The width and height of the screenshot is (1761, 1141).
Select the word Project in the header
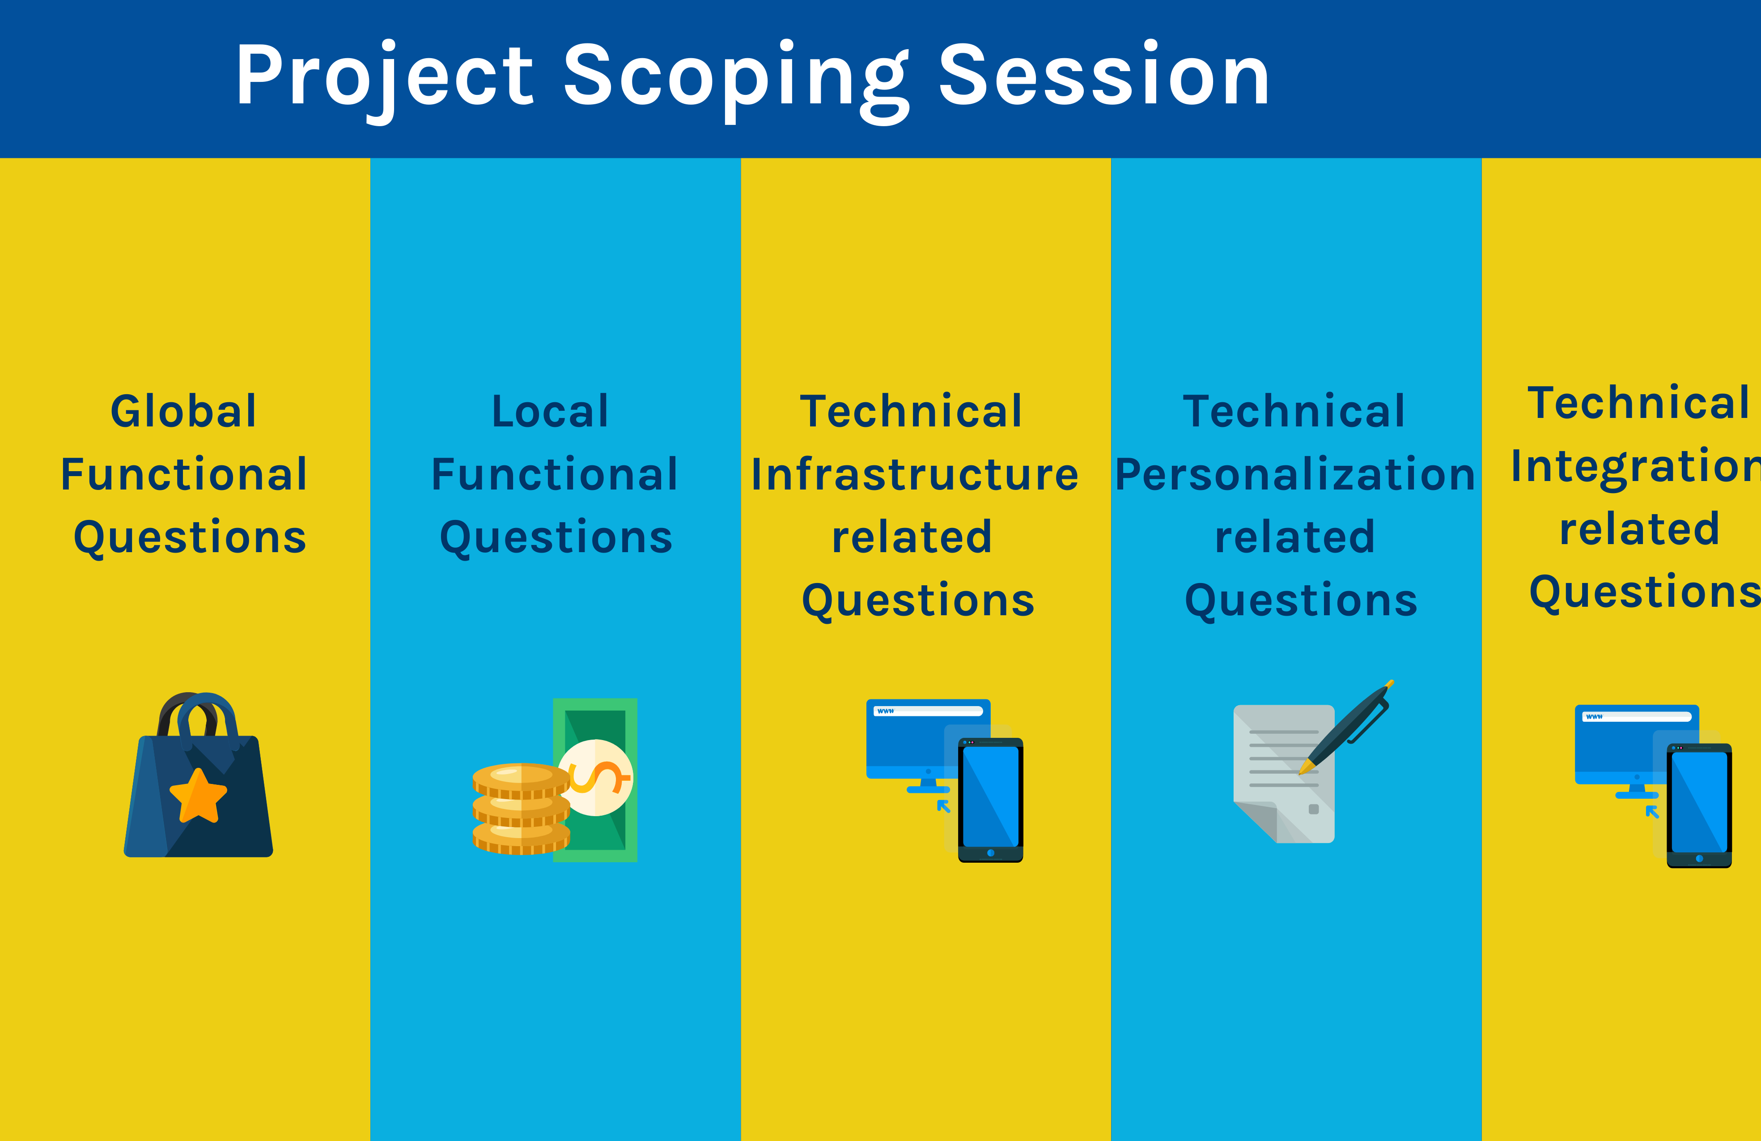pyautogui.click(x=384, y=76)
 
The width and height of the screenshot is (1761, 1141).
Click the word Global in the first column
pyautogui.click(x=183, y=411)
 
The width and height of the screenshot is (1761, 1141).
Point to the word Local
pyautogui.click(x=551, y=411)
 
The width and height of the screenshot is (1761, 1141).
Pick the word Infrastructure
pyautogui.click(x=915, y=474)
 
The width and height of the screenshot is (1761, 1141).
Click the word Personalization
pyautogui.click(x=1295, y=474)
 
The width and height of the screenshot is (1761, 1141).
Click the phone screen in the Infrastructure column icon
pyautogui.click(x=990, y=796)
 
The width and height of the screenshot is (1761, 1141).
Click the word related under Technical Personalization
pyautogui.click(x=1295, y=537)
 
